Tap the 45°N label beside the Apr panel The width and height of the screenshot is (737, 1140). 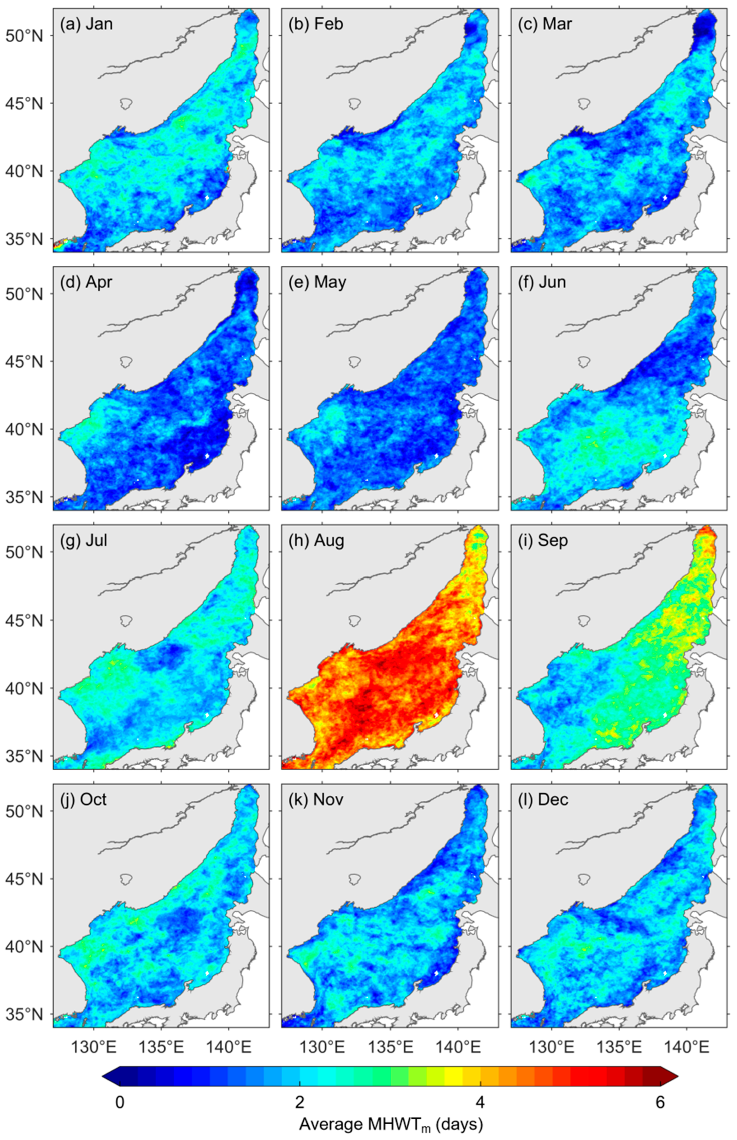pyautogui.click(x=24, y=362)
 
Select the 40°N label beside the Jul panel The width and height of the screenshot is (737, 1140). pyautogui.click(x=24, y=688)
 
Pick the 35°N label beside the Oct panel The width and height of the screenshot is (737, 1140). pyautogui.click(x=24, y=1014)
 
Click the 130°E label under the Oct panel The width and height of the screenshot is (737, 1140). pyautogui.click(x=93, y=1047)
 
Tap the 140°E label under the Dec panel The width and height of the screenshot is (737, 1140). pyautogui.click(x=687, y=1047)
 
